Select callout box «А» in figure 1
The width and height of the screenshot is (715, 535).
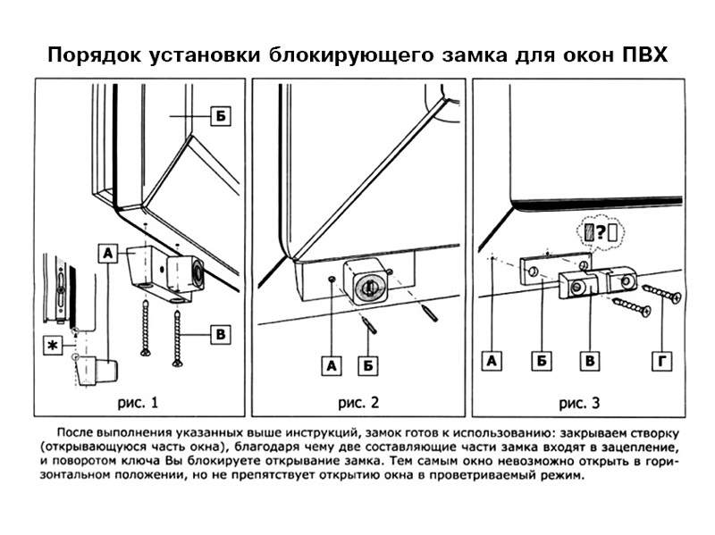107,254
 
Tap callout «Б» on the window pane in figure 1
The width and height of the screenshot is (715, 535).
219,117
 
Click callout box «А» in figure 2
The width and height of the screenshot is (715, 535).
332,365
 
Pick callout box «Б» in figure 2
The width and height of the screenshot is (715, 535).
367,365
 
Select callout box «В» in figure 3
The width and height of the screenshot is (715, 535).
589,361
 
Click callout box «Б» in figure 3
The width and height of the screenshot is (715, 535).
542,361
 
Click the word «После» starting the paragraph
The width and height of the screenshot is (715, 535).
80,431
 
